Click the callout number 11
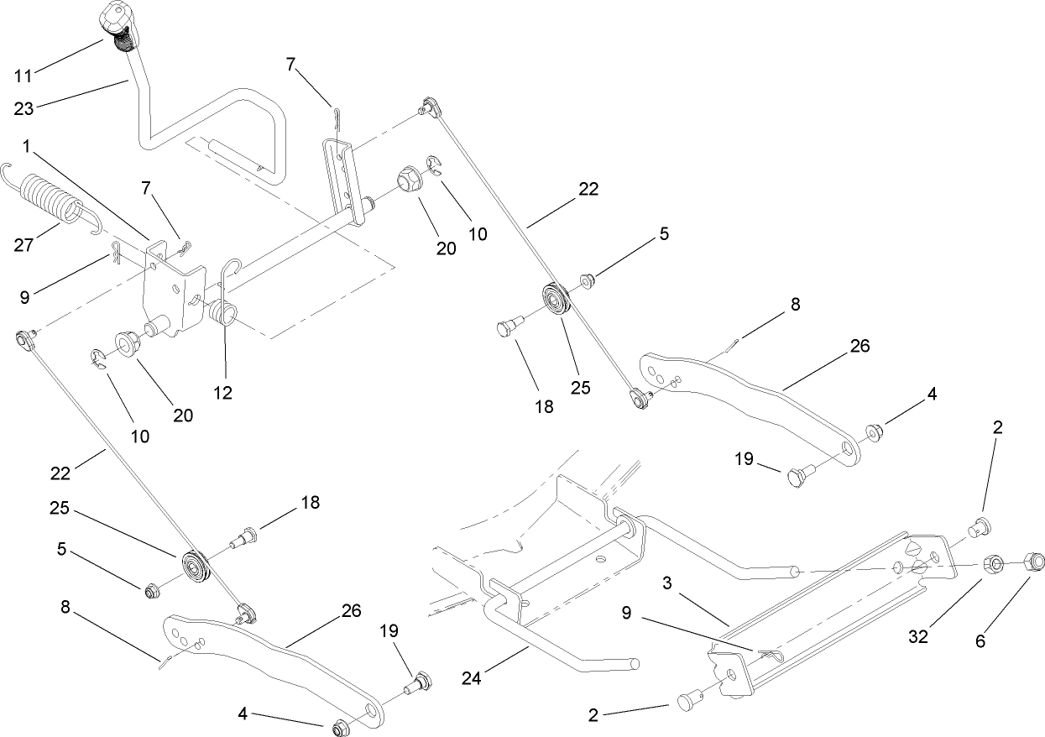tap(23, 76)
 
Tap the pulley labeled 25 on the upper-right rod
tap(555, 301)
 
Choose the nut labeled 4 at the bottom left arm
tap(342, 726)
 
